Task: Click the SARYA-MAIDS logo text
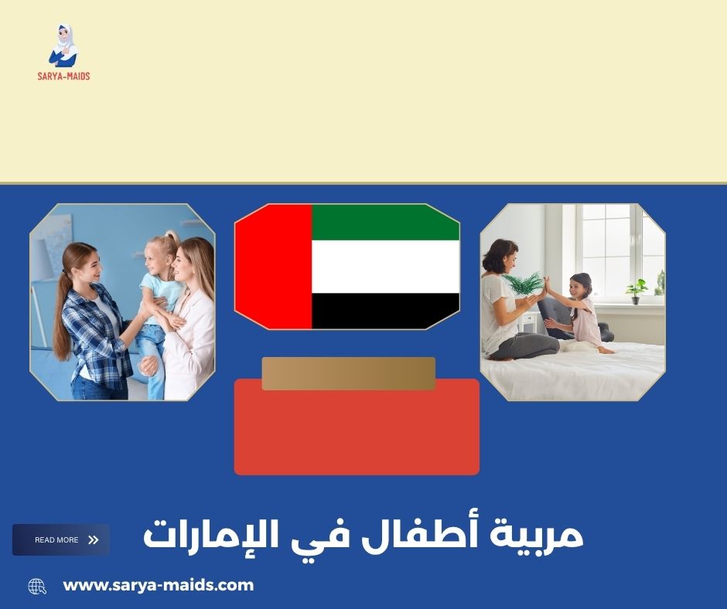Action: point(63,76)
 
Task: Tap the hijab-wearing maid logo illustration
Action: point(63,46)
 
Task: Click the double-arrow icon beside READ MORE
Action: point(94,540)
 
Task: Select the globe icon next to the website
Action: point(37,587)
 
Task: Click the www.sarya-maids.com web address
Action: point(158,585)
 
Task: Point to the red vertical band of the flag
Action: point(274,267)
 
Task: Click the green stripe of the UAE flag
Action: point(385,222)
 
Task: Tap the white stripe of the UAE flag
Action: point(385,267)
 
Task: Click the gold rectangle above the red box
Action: point(348,373)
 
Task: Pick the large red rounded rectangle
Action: point(357,433)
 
